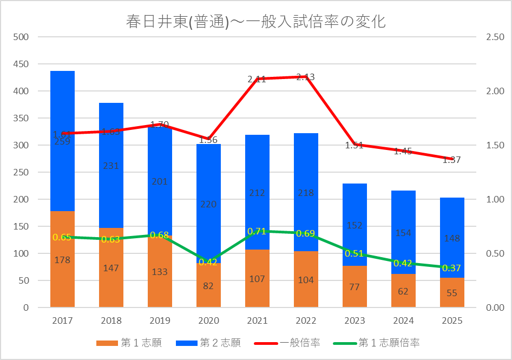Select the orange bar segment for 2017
62,282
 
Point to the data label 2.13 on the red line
306,77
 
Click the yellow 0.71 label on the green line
257,231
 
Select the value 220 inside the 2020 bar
208,204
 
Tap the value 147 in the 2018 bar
111,268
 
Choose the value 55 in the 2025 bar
452,293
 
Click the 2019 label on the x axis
160,320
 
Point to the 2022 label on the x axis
306,320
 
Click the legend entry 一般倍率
300,343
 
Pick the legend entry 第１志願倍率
389,343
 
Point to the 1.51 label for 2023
355,145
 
